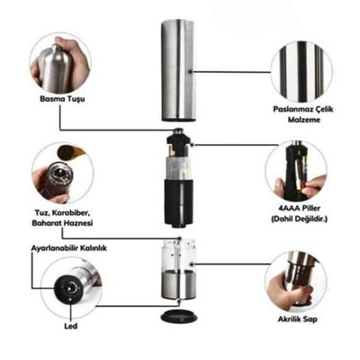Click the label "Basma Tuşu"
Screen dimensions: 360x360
pyautogui.click(x=62, y=99)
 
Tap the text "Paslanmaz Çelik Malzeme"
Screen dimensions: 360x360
pyautogui.click(x=303, y=114)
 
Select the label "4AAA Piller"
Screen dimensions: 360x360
pyautogui.click(x=299, y=208)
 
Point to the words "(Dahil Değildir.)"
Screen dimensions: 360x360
pyautogui.click(x=299, y=219)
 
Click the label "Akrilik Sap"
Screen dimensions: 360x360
pyautogui.click(x=297, y=319)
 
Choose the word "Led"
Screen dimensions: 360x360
pyautogui.click(x=71, y=326)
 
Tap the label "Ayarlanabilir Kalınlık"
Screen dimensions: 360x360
pyautogui.click(x=69, y=248)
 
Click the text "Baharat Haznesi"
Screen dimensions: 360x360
pyautogui.click(x=62, y=223)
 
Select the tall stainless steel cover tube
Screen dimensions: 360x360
pyautogui.click(x=178, y=70)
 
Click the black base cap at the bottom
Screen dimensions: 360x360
pyautogui.click(x=179, y=315)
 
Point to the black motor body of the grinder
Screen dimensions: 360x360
pyautogui.click(x=179, y=202)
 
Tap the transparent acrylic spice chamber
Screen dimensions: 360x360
pyautogui.click(x=179, y=255)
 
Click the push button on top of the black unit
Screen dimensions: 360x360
pyautogui.click(x=179, y=131)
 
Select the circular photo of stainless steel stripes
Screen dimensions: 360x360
pyautogui.click(x=301, y=70)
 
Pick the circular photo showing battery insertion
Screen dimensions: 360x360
pyautogui.click(x=296, y=170)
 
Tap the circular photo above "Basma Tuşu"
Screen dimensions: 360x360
pyautogui.click(x=60, y=64)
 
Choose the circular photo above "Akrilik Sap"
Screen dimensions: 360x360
pyautogui.click(x=296, y=282)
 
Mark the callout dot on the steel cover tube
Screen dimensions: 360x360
pyautogui.click(x=192, y=72)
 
